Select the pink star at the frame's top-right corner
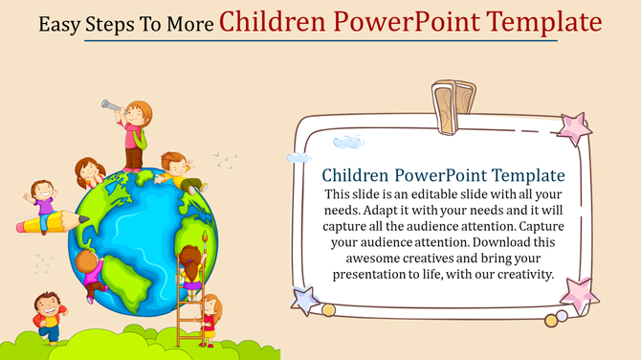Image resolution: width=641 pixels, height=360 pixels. pyautogui.click(x=574, y=128)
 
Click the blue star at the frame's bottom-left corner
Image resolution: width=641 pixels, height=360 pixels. pyautogui.click(x=304, y=301)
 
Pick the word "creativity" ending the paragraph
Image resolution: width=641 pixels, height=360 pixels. pyautogui.click(x=518, y=274)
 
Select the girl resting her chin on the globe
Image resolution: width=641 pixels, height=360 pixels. pyautogui.click(x=91, y=171)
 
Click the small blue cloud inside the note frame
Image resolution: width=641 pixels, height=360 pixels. pyautogui.click(x=348, y=144)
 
